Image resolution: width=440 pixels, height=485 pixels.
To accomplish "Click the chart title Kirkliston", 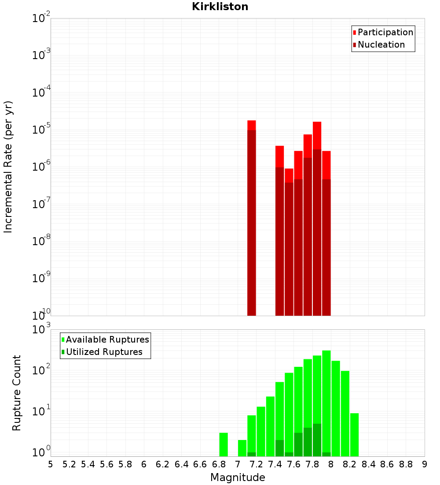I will (220, 7).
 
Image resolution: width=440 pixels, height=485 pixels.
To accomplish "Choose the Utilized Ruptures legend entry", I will (104, 352).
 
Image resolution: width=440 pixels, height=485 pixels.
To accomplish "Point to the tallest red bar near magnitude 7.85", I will (317, 220).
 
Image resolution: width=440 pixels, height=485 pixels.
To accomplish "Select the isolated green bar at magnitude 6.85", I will (224, 444).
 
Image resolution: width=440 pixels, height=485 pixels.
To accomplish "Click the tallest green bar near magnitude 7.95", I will (326, 403).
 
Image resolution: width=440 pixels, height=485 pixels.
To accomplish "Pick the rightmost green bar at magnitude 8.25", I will (355, 434).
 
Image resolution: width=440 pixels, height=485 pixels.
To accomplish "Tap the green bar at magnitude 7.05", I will (242, 448).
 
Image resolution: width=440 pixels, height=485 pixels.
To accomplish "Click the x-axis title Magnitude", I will (238, 478).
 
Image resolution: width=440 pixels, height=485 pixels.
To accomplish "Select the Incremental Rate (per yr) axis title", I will (8, 167).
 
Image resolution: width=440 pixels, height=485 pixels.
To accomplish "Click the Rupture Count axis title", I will (17, 393).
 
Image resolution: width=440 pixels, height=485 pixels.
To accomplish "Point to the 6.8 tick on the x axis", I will (219, 464).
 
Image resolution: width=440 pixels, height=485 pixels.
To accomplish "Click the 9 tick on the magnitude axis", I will (424, 464).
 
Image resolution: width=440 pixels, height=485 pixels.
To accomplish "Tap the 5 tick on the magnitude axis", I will (51, 464).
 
